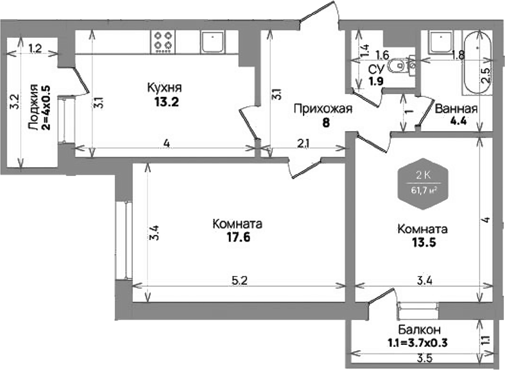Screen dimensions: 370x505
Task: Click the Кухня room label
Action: (164, 88)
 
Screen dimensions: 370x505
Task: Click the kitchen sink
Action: (211, 42)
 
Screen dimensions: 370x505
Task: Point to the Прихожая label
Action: (323, 109)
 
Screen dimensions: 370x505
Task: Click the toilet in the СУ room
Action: (401, 64)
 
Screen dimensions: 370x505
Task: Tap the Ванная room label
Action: (455, 109)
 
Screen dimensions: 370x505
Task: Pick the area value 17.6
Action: (237, 236)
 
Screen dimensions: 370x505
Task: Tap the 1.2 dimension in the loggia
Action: (35, 48)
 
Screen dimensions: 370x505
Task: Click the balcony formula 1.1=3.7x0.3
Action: (416, 342)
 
